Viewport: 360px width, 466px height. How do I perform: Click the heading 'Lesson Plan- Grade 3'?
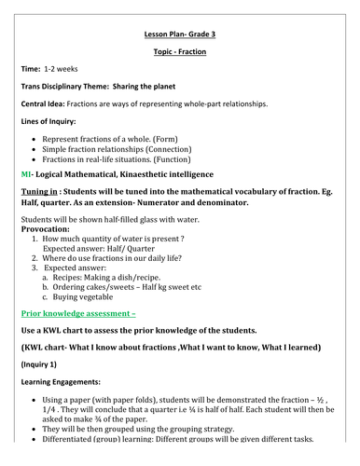click(x=179, y=32)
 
